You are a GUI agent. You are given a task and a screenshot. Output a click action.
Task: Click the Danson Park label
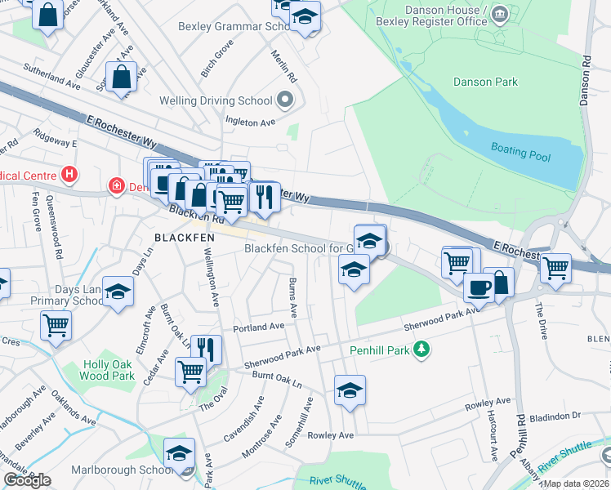tap(485, 82)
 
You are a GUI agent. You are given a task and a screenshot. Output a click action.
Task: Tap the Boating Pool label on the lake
tap(520, 151)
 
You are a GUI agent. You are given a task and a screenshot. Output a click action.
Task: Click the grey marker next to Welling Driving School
tap(285, 101)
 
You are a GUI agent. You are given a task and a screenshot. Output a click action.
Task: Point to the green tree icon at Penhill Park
tap(421, 350)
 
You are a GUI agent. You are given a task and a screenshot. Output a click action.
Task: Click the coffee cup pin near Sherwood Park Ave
tap(478, 287)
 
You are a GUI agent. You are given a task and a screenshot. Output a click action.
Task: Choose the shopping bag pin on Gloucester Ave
tap(122, 78)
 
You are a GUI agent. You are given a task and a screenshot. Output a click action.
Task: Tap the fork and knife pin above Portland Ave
tap(206, 349)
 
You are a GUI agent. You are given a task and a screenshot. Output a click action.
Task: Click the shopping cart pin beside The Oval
tap(190, 370)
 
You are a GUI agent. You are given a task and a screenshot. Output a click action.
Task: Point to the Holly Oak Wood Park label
tap(107, 371)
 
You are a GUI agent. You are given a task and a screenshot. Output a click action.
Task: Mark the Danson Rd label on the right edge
tap(584, 78)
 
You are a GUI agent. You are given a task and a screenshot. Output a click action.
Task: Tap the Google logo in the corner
tap(27, 480)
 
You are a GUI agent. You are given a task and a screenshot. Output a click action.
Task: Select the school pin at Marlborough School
tap(179, 452)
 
